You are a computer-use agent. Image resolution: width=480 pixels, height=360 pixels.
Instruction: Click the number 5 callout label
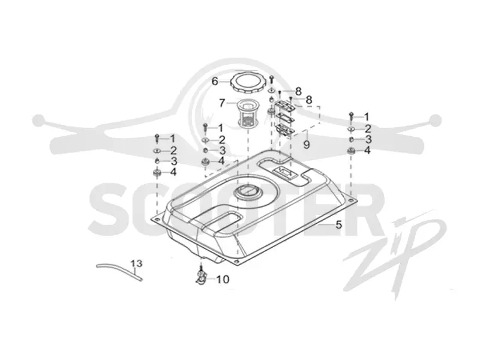pyautogui.click(x=338, y=224)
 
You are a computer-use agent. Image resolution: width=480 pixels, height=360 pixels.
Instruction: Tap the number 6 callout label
pyautogui.click(x=215, y=82)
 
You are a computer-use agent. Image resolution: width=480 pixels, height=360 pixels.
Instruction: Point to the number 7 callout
pyautogui.click(x=222, y=103)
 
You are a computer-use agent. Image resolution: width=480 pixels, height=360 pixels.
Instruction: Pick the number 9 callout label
pyautogui.click(x=307, y=144)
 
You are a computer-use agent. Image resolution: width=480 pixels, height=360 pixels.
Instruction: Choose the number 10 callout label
pyautogui.click(x=223, y=279)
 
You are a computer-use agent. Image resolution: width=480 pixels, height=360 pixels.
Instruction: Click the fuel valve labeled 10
pyautogui.click(x=201, y=275)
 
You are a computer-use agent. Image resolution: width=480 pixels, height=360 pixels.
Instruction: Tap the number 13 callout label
pyautogui.click(x=137, y=263)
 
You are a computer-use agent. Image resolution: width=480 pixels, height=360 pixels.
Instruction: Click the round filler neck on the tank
pyautogui.click(x=248, y=193)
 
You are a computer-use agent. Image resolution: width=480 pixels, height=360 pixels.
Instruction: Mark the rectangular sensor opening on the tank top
pyautogui.click(x=284, y=173)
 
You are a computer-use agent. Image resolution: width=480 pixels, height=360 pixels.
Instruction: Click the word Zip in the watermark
pyautogui.click(x=395, y=254)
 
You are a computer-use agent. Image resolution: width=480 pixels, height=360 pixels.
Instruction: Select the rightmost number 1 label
pyautogui.click(x=366, y=116)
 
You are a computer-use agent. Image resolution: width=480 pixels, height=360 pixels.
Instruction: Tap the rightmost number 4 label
pyautogui.click(x=367, y=151)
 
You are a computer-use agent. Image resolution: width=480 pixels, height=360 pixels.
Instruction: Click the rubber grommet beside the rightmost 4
pyautogui.click(x=351, y=151)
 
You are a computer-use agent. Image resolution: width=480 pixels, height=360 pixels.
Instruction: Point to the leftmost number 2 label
pyautogui.click(x=173, y=151)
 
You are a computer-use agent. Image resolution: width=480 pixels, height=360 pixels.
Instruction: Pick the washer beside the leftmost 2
pyautogui.click(x=157, y=151)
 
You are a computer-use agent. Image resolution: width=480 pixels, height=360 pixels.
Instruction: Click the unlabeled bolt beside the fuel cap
pyautogui.click(x=272, y=79)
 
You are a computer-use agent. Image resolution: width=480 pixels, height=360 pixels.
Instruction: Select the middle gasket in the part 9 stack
pyautogui.click(x=284, y=117)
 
